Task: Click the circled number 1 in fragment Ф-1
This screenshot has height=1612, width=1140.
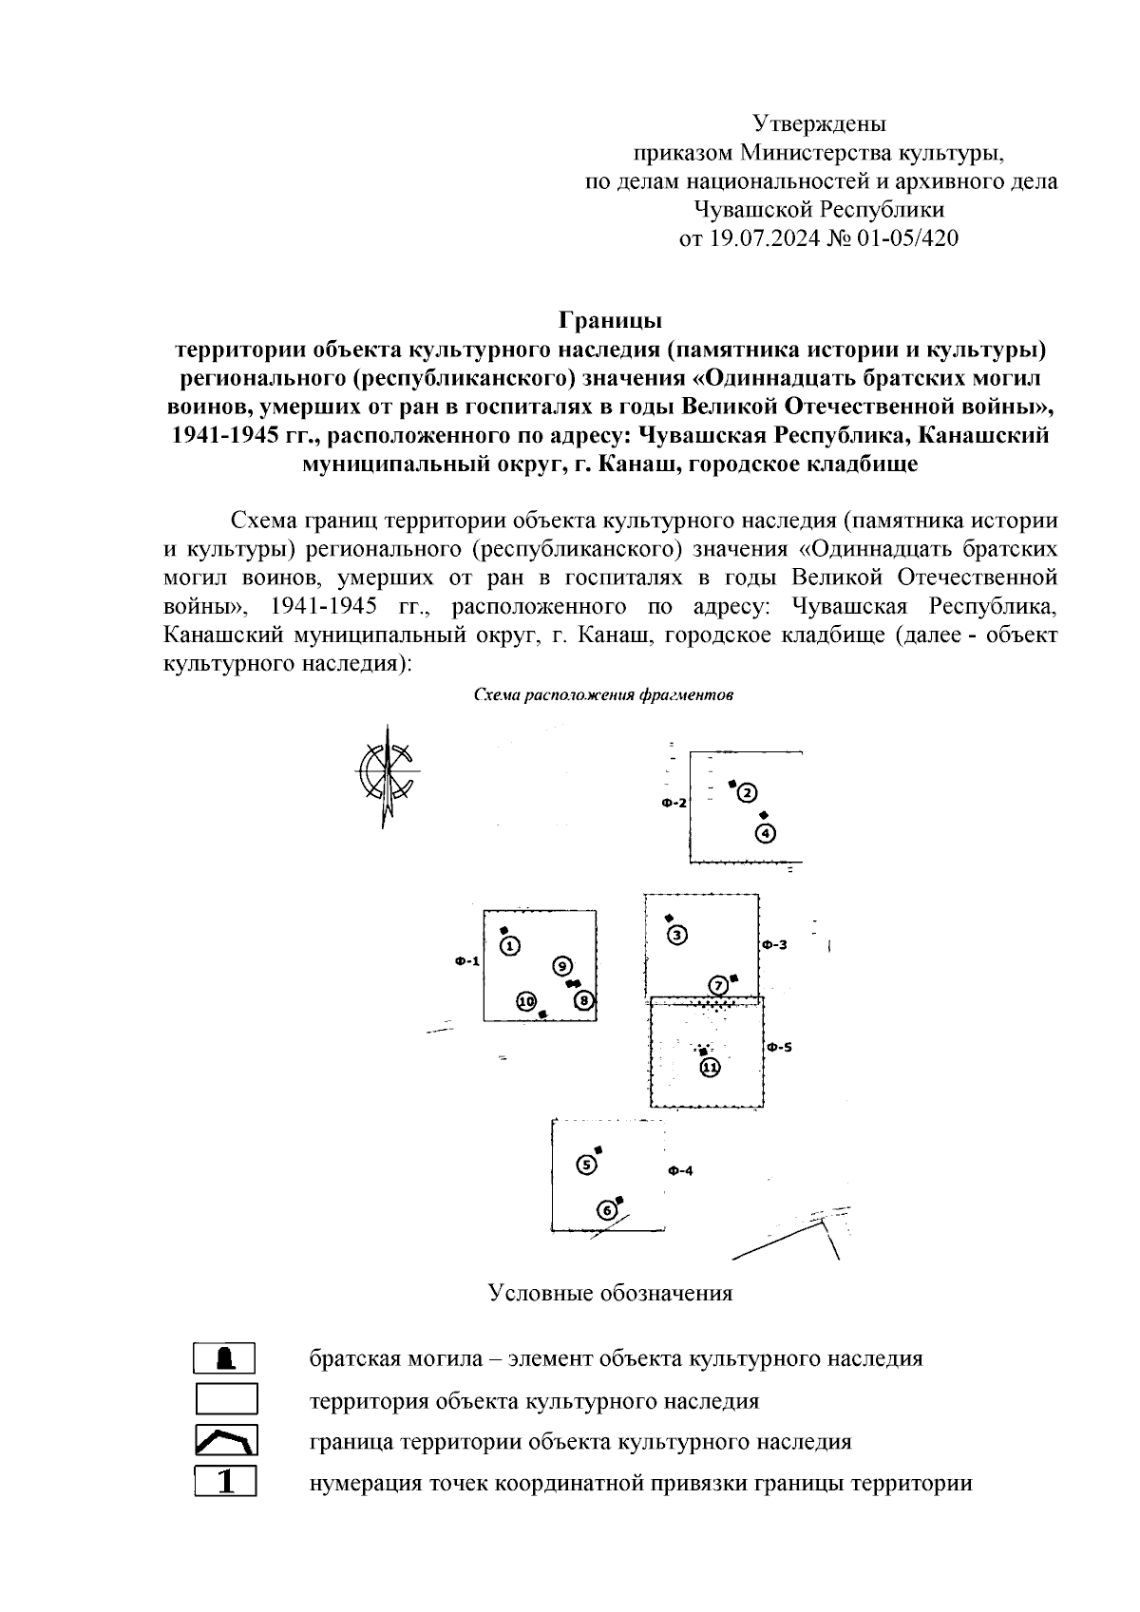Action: [510, 945]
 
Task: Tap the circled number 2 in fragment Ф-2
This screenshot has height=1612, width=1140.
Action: [747, 793]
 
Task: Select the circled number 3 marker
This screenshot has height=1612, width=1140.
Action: [677, 935]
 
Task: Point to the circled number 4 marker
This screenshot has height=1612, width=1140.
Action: [767, 834]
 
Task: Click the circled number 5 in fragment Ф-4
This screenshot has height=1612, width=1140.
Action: [587, 1166]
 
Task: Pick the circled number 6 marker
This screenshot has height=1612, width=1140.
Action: [607, 1210]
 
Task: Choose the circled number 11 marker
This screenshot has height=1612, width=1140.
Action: [710, 1067]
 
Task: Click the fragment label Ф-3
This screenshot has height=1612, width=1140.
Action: [774, 945]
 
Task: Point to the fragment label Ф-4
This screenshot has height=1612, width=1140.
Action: [680, 1170]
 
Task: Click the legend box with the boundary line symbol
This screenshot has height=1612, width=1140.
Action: [225, 1441]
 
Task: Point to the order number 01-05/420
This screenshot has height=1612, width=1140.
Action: [907, 237]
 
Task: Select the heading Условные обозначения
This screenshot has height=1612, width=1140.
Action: [610, 1293]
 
